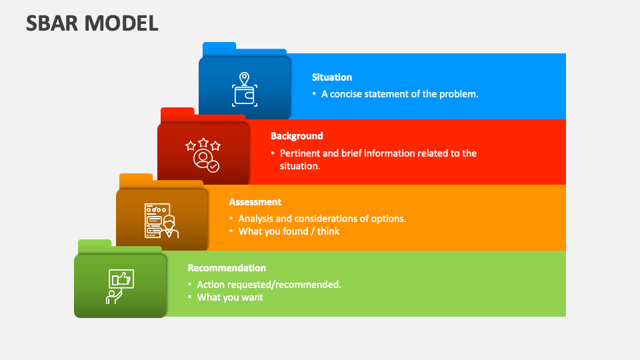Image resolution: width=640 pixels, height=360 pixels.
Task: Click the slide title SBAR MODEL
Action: coord(92,23)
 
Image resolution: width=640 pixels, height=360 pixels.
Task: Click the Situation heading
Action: coord(331,77)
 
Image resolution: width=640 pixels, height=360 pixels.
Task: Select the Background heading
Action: coord(297,136)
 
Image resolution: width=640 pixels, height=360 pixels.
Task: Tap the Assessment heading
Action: coord(255,202)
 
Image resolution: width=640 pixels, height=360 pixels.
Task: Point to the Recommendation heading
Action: coord(227,268)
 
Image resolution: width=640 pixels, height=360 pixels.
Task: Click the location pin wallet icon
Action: coord(244,89)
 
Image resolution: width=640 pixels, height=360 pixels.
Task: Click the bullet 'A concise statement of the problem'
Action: coord(399,94)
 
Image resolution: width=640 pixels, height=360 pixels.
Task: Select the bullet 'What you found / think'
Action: coord(289,231)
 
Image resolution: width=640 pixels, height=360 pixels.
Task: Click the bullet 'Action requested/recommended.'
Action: coord(269,285)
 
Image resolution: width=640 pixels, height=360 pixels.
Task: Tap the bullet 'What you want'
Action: coord(230,297)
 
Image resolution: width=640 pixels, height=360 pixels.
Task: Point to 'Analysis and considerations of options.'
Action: coord(322,219)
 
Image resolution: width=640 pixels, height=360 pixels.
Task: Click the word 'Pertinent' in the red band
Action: coord(300,153)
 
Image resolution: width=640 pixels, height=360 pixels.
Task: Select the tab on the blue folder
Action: coord(219,47)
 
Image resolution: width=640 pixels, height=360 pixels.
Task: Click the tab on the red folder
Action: coord(177,113)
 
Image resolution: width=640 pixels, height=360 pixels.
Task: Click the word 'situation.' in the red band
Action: coord(300,166)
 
